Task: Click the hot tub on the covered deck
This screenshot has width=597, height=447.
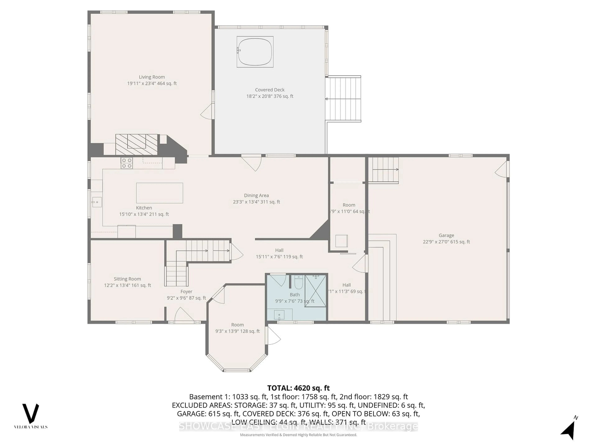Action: (x=255, y=52)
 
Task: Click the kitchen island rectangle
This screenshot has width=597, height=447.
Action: (x=160, y=193)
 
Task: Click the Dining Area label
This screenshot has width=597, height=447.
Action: (x=256, y=196)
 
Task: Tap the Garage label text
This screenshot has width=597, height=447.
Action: (x=446, y=235)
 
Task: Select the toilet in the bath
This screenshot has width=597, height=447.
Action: (x=298, y=283)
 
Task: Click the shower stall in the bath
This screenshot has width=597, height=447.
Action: (x=315, y=291)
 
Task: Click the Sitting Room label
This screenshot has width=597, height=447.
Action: (x=127, y=279)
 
